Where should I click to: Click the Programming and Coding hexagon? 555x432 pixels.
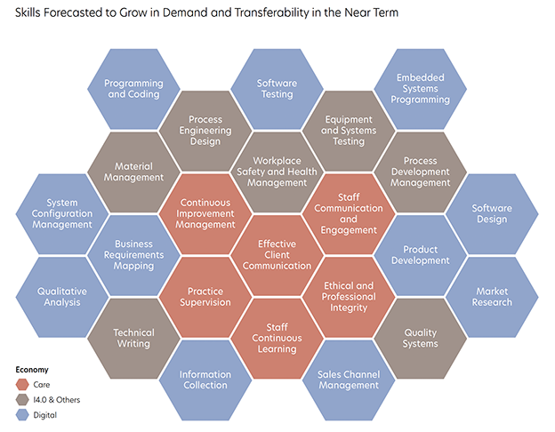click(x=134, y=89)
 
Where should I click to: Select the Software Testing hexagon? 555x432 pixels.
click(x=277, y=89)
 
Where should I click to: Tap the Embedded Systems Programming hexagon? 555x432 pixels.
click(x=419, y=89)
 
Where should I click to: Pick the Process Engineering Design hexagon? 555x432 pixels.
click(x=205, y=130)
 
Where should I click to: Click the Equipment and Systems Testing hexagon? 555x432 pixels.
click(x=348, y=130)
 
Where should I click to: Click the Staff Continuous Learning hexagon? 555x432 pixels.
click(x=277, y=338)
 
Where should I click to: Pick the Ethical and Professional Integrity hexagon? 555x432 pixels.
click(x=348, y=296)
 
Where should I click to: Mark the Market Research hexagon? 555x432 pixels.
click(x=492, y=296)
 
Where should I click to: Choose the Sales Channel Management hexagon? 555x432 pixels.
click(x=348, y=380)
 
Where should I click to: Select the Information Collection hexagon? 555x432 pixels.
click(x=205, y=380)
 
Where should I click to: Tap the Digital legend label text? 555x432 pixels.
click(x=44, y=414)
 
